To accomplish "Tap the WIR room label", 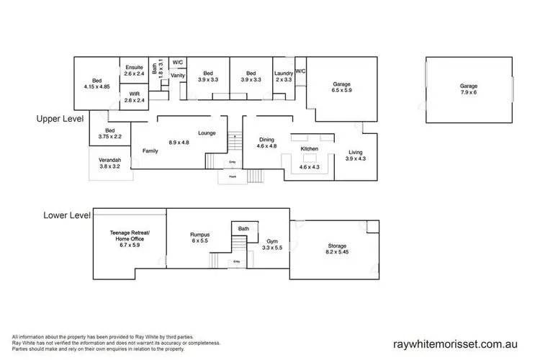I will pos(134,96).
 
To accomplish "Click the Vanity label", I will pos(178,75).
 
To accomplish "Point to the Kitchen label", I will pos(310,149).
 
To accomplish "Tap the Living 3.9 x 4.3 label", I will pos(355,156).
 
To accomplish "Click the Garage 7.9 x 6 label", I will pos(469,89).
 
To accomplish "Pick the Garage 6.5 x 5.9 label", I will pos(341,87).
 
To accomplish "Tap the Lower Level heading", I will pos(67,215).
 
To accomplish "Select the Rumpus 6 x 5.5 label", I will pos(200,238).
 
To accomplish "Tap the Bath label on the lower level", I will pos(243,228).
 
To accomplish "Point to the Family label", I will pos(150,151).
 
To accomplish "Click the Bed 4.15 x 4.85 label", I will pos(96,84).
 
